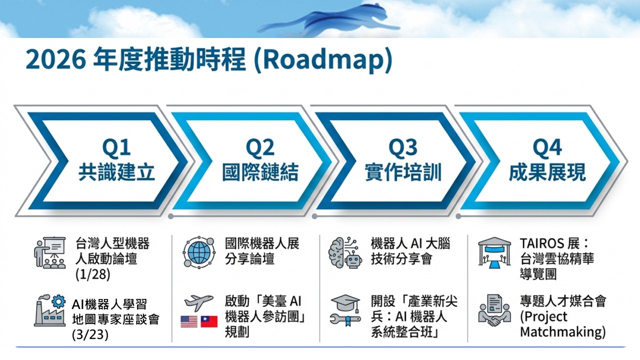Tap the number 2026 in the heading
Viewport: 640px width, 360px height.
55,59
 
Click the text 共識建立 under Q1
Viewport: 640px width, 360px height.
116,172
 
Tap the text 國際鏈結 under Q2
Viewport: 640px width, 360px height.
260,172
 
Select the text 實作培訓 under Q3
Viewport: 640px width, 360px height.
403,172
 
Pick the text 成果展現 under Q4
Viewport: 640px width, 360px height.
547,172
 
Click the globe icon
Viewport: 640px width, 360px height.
199,252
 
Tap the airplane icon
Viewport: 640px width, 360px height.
198,302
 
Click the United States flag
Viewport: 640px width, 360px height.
189,321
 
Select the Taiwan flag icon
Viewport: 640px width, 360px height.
209,321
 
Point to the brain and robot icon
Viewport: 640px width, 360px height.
345,252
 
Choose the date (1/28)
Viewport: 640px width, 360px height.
93,274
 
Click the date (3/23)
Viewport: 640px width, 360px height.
90,334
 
